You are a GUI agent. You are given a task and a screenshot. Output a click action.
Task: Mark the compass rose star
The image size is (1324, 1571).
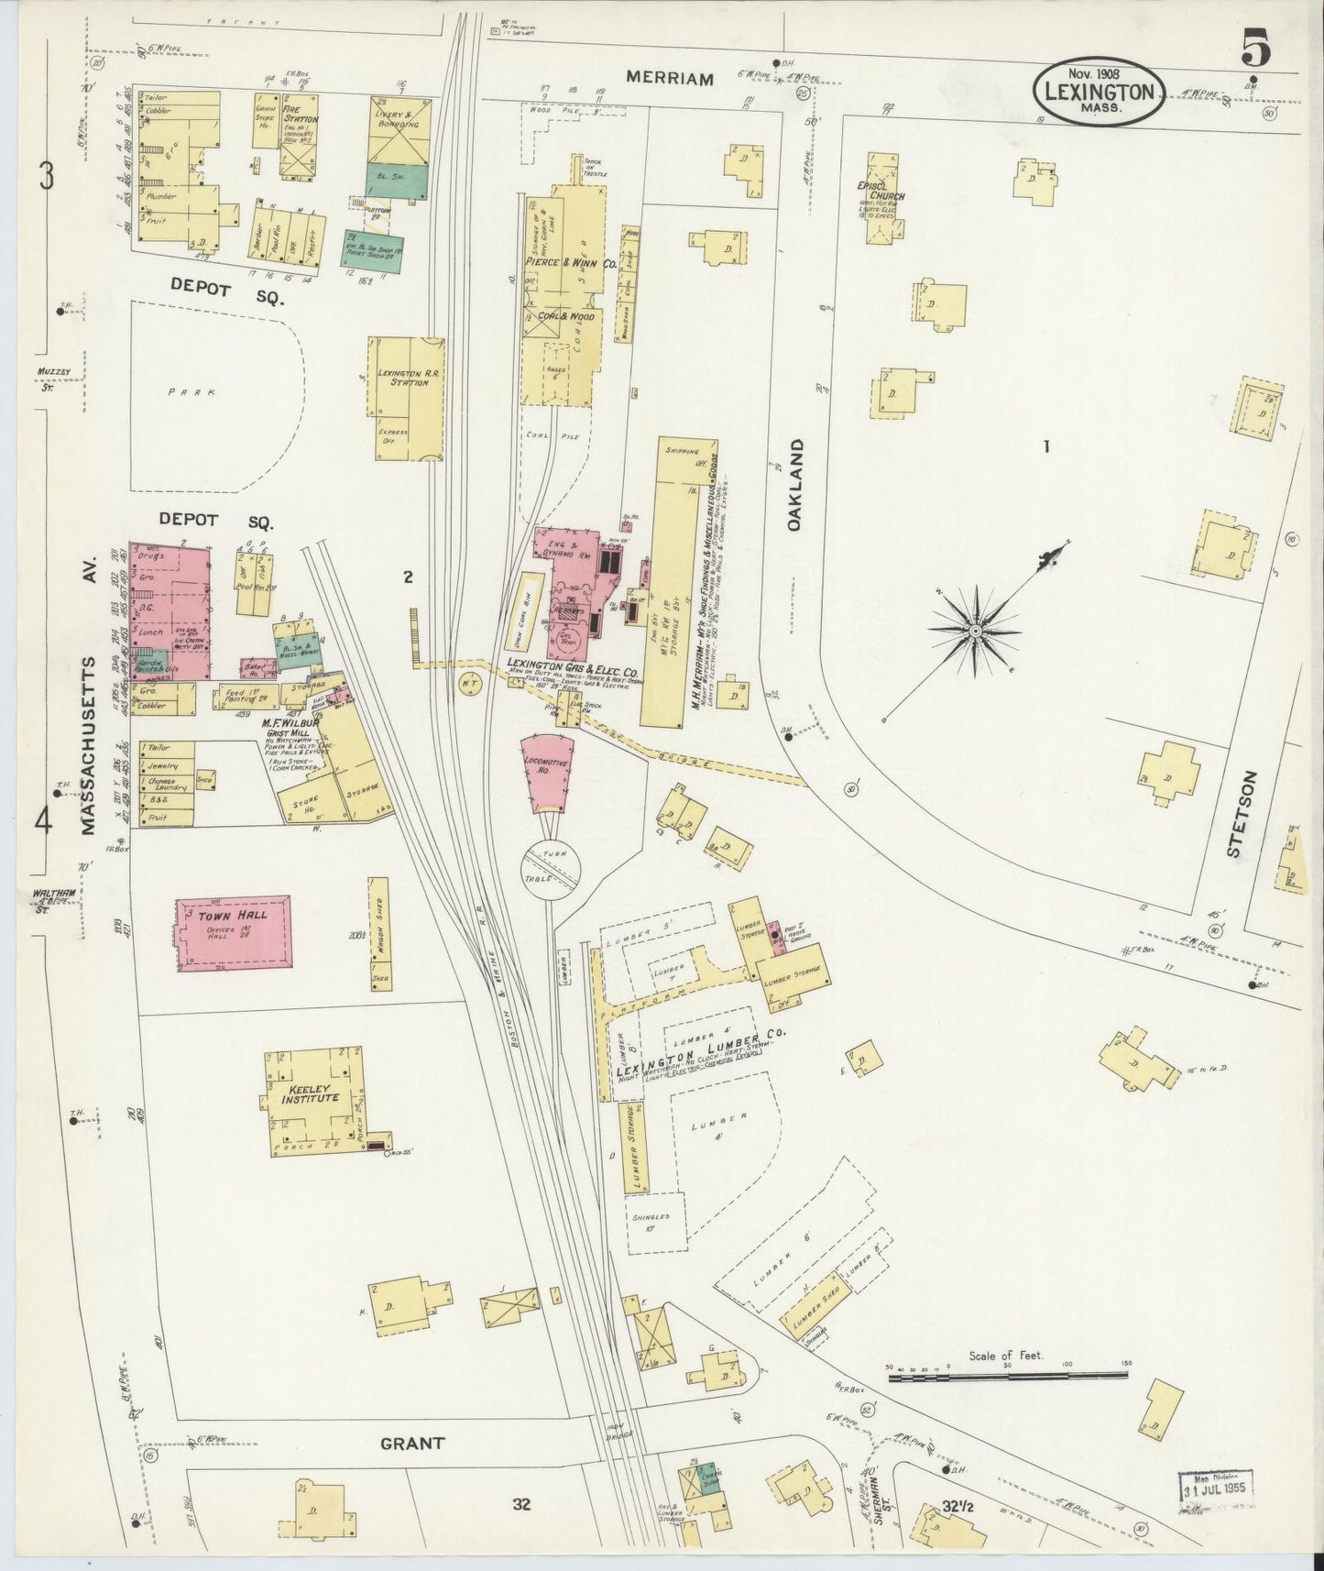[x=976, y=631]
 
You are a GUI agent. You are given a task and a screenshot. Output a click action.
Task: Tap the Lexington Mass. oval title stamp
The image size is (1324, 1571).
[x=1100, y=92]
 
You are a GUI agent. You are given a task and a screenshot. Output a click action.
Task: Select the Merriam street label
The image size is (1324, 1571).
[x=670, y=80]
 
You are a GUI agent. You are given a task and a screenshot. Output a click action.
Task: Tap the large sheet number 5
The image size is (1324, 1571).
[x=1255, y=49]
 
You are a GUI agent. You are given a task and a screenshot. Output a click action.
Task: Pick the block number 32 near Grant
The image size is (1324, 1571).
[x=522, y=1504]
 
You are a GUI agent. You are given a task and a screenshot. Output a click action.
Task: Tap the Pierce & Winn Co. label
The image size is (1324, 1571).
[x=561, y=262]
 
